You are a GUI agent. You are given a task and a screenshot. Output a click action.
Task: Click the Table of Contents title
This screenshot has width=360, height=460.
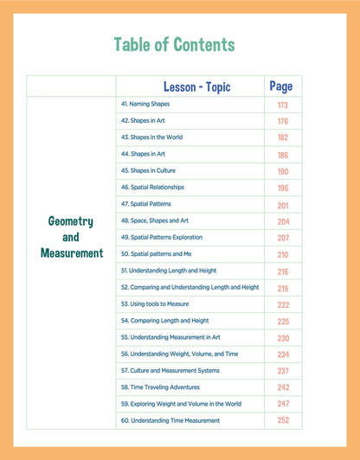174,44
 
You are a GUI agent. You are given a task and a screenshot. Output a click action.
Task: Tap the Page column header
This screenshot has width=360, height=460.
281,86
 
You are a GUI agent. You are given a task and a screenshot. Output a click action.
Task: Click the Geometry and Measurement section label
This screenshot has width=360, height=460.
71,237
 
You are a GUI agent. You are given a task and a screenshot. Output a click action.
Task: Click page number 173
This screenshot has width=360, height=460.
282,105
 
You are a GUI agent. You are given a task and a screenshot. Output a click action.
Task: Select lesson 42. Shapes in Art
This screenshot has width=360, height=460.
143,121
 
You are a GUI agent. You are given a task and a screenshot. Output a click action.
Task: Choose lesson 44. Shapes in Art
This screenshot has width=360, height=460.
143,154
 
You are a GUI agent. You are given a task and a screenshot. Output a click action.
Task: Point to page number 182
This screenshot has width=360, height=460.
282,137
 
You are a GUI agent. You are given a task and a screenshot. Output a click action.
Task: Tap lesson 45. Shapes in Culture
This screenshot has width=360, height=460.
148,170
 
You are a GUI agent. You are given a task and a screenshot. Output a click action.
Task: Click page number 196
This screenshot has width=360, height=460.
282,188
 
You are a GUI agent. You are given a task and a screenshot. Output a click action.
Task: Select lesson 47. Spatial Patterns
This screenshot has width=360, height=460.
146,204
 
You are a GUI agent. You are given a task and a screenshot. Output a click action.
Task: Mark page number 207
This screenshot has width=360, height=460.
282,238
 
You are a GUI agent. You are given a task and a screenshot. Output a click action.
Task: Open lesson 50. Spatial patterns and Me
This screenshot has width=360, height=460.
156,254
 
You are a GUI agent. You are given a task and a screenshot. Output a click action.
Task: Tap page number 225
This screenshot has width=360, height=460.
282,322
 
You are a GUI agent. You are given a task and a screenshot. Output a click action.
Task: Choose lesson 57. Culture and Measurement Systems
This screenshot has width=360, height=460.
170,371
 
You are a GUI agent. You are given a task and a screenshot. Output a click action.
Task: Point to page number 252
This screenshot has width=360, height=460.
282,421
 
